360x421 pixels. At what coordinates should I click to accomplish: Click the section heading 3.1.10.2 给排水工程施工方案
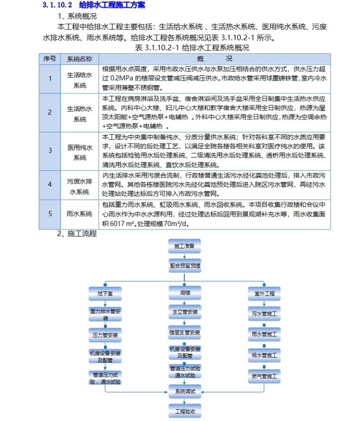click(94, 5)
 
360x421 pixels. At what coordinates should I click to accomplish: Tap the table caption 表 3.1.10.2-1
click(192, 48)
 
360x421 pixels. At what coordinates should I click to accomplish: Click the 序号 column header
click(50, 59)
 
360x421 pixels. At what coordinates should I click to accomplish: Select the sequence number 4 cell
click(50, 183)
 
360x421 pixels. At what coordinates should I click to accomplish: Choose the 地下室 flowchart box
click(105, 293)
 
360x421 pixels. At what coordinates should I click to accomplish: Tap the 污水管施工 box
click(264, 314)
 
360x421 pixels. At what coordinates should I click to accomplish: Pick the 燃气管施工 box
click(264, 376)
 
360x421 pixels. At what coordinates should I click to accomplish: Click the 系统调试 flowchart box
click(184, 392)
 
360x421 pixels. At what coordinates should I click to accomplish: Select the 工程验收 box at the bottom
click(184, 411)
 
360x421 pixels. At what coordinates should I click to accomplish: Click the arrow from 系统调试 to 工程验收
click(184, 401)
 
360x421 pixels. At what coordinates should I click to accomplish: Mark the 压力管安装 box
click(105, 335)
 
